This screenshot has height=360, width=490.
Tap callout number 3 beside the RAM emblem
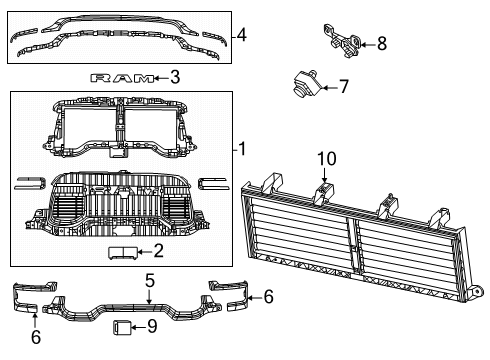[x=175, y=76]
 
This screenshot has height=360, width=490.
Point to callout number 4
[x=241, y=36]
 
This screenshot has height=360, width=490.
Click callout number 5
[x=148, y=280]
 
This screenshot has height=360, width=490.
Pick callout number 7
[x=343, y=87]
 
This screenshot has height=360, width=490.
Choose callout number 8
[x=381, y=43]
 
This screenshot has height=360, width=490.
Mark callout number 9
[x=152, y=325]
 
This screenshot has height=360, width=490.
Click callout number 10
[x=327, y=159]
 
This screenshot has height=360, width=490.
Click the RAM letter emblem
[x=123, y=77]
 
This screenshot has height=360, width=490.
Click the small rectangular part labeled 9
[x=121, y=325]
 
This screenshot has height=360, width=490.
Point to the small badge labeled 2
[x=123, y=252]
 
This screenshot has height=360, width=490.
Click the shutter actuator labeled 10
[x=325, y=193]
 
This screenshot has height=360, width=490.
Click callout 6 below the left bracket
[x=36, y=337]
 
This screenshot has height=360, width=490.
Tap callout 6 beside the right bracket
[x=267, y=297]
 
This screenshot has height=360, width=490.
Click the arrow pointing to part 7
[x=324, y=86]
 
